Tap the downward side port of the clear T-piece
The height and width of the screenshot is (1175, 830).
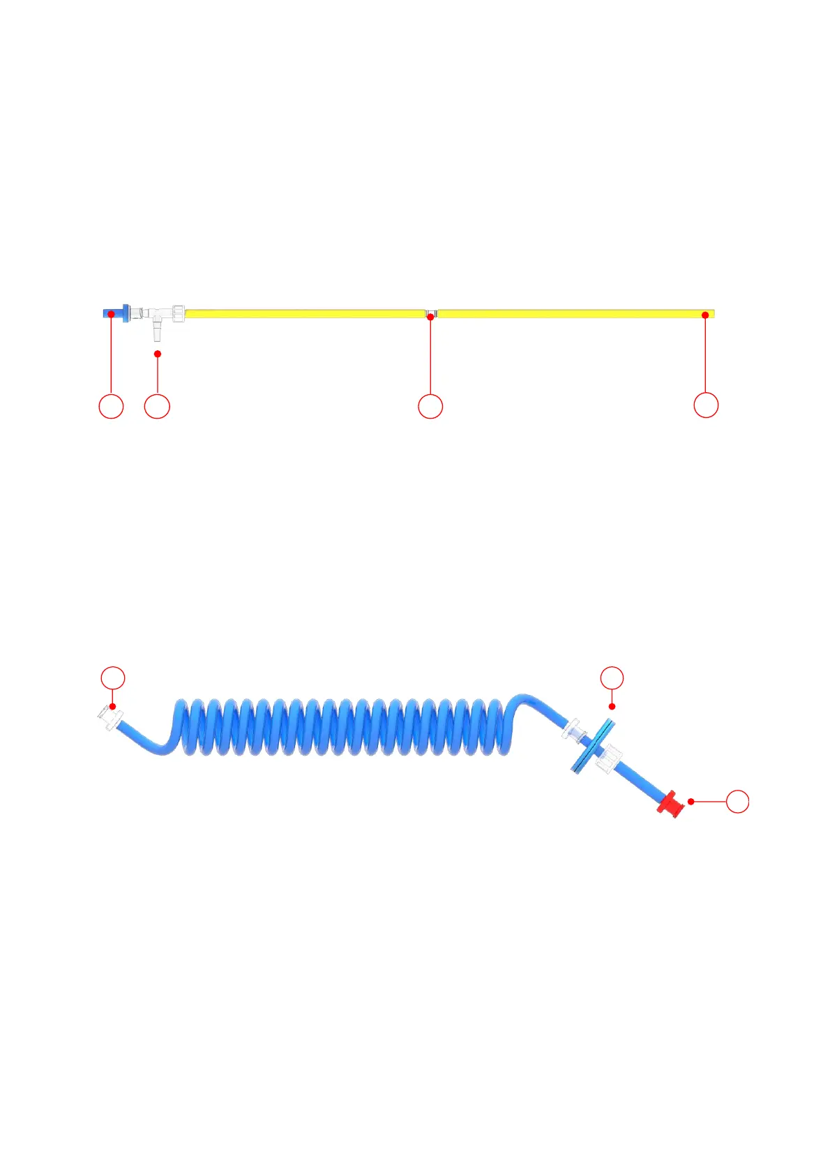[x=157, y=330]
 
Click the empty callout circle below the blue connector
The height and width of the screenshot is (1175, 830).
[x=111, y=406]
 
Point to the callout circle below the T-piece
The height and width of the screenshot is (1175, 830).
[x=157, y=406]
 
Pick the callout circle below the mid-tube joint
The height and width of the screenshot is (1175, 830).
[x=430, y=406]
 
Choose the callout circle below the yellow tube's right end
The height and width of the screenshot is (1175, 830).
[x=706, y=405]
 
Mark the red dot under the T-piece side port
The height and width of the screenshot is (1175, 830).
[x=158, y=354]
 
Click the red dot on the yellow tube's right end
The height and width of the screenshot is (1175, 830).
[x=705, y=315]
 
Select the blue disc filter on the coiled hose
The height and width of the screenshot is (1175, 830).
[x=592, y=746]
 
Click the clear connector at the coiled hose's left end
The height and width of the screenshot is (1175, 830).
[x=110, y=718]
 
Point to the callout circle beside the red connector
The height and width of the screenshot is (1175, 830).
[x=738, y=802]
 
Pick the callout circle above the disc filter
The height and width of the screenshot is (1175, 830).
[x=612, y=678]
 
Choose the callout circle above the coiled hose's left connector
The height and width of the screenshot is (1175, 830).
[x=113, y=678]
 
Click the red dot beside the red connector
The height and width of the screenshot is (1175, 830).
[x=691, y=802]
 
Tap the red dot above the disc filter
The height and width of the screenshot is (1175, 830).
[x=612, y=707]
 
